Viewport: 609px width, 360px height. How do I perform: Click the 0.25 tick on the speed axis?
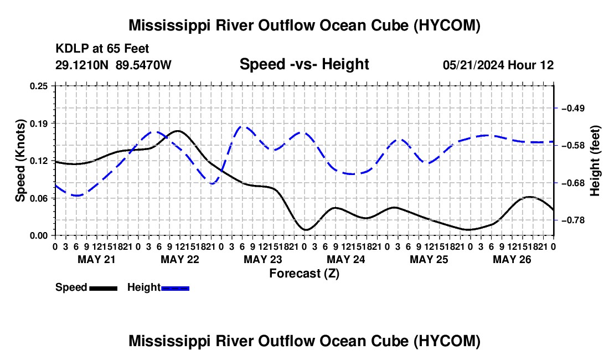39,86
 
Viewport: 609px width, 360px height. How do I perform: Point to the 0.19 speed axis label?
39,124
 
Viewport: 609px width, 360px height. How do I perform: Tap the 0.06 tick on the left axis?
39,198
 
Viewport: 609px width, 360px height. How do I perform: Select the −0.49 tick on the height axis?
573,108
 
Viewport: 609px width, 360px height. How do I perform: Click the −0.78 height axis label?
573,220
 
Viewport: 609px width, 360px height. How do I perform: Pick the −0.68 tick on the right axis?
573,183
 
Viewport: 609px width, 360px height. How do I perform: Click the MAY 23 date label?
263,259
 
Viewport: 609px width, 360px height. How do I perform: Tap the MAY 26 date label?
512,259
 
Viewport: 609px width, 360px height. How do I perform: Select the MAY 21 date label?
97,259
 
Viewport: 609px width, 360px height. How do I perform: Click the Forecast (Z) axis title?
304,274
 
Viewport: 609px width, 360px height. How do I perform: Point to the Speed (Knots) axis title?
20,161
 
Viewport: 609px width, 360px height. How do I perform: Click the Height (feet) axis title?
595,161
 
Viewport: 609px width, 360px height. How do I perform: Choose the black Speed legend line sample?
104,288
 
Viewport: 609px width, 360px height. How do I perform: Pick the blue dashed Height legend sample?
175,288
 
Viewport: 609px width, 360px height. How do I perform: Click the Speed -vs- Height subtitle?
304,64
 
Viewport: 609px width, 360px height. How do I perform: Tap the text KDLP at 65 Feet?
102,49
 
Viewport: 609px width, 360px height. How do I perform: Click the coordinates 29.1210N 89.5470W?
113,65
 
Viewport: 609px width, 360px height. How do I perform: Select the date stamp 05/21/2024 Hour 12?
498,65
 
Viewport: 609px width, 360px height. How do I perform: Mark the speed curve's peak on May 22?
178,131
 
